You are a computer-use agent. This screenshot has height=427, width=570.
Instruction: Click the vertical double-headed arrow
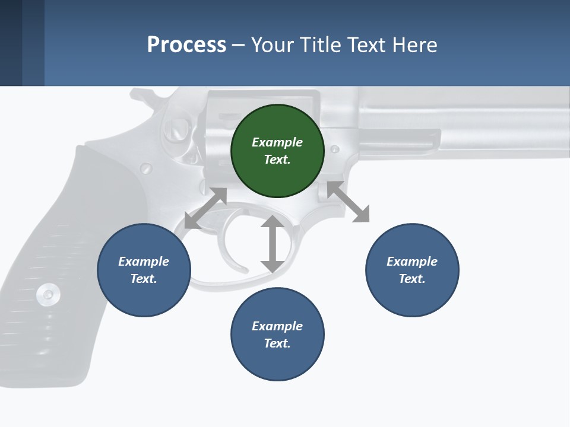pyautogui.click(x=273, y=244)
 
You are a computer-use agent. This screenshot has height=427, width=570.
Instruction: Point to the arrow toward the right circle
pyautogui.click(x=349, y=202)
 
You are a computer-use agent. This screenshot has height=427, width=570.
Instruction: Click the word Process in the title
pyautogui.click(x=186, y=44)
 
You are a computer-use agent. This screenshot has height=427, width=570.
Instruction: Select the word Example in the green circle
pyautogui.click(x=277, y=142)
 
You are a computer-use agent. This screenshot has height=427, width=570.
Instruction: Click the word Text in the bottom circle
pyautogui.click(x=276, y=343)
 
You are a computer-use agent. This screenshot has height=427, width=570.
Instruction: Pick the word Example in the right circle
pyautogui.click(x=412, y=262)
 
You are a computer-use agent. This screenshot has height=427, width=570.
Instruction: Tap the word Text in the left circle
pyautogui.click(x=142, y=279)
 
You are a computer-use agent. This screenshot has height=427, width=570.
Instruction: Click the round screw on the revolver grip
pyautogui.click(x=47, y=293)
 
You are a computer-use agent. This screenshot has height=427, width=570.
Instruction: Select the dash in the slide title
pyautogui.click(x=239, y=45)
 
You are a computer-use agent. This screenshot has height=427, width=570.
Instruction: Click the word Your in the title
pyautogui.click(x=271, y=44)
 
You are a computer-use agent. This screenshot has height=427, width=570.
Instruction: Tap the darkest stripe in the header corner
pyautogui.click(x=11, y=43)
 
